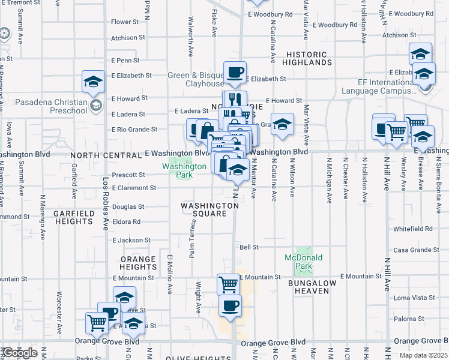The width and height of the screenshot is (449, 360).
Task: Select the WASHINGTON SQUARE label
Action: (x=210, y=210)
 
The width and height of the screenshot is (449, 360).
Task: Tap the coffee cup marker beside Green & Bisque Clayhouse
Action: (x=235, y=73)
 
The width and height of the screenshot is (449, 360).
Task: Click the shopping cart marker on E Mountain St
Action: (x=228, y=283)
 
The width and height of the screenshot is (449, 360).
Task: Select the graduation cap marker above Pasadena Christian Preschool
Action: (x=94, y=82)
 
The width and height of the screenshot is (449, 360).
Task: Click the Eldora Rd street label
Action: (x=126, y=221)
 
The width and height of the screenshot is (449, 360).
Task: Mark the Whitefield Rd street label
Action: (x=412, y=229)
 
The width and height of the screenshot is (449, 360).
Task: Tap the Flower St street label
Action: (x=124, y=22)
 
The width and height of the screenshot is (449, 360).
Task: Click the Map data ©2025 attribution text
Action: (x=420, y=356)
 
